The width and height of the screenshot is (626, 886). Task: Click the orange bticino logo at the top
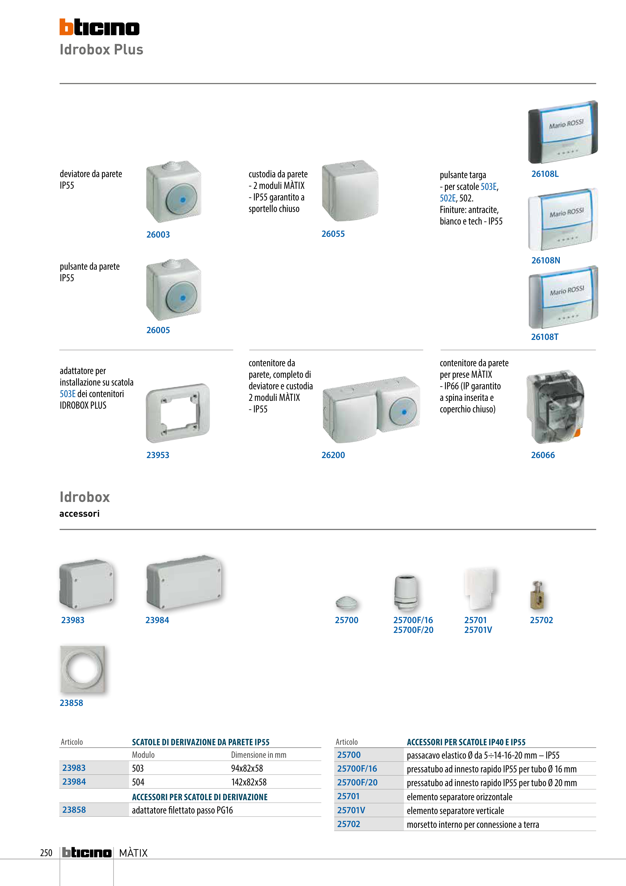(x=100, y=27)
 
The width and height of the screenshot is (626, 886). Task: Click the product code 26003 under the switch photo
(x=158, y=235)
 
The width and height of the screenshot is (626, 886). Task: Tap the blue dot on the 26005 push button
(x=183, y=298)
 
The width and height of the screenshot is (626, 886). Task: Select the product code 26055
(x=333, y=234)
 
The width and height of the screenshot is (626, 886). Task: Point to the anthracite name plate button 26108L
(x=563, y=132)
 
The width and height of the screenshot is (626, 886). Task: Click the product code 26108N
(x=546, y=260)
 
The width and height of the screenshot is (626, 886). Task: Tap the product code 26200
(x=333, y=455)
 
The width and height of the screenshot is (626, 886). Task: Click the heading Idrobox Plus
(x=102, y=50)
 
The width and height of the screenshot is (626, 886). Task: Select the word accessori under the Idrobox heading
(x=79, y=514)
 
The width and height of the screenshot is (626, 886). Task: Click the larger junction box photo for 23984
(x=184, y=582)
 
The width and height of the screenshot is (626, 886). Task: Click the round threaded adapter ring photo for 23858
(x=82, y=669)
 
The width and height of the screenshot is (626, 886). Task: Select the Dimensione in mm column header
(x=259, y=755)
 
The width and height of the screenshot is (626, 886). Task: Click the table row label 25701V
(x=351, y=810)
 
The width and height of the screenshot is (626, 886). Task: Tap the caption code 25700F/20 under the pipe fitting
(x=413, y=630)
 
